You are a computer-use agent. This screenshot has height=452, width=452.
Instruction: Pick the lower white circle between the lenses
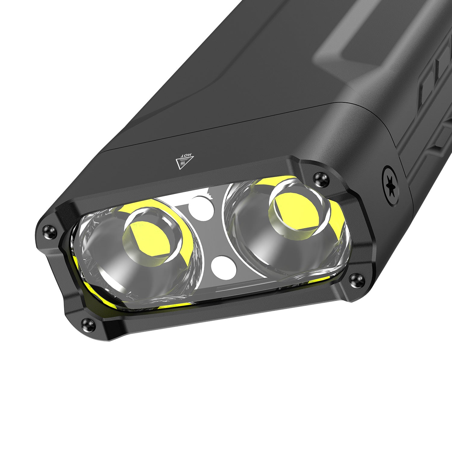click(x=223, y=266)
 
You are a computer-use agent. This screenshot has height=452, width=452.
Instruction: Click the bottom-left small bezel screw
click(x=88, y=325)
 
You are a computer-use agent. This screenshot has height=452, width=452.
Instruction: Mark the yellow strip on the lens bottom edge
click(x=175, y=305)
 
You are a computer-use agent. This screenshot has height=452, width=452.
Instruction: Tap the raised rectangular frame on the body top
click(x=347, y=51)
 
